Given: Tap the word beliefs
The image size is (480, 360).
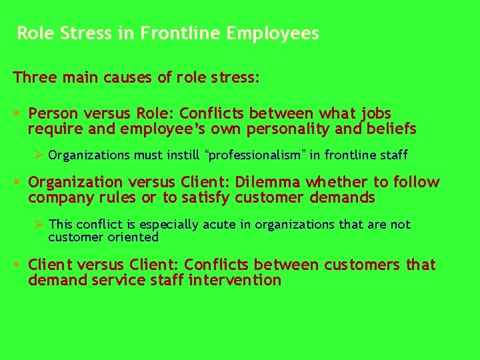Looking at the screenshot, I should click(x=393, y=128).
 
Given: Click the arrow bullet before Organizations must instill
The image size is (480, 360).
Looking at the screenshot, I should click(x=39, y=155).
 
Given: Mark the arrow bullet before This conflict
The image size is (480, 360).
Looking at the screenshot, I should click(x=39, y=225).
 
